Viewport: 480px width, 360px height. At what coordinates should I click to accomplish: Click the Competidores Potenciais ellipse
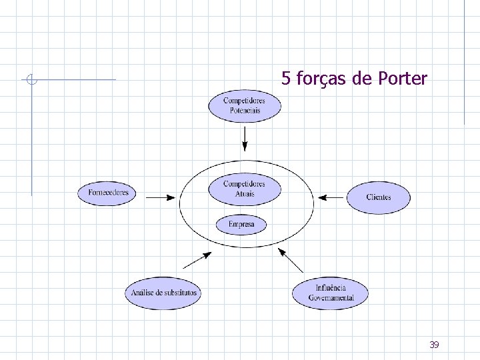tap(245, 106)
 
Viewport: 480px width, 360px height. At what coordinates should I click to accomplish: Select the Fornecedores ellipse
tap(108, 193)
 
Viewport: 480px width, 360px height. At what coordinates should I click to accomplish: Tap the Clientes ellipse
tap(378, 197)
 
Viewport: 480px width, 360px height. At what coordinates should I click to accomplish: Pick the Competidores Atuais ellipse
tap(244, 189)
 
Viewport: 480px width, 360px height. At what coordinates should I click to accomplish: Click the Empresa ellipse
tap(241, 225)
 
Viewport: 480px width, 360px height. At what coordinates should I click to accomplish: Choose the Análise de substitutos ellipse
tap(163, 293)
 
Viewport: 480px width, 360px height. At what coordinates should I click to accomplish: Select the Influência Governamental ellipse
tap(330, 293)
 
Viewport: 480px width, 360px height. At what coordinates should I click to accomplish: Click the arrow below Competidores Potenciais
tap(245, 139)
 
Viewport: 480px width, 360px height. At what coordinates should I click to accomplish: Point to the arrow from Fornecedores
tap(161, 197)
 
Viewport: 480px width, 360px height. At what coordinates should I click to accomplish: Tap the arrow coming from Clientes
tap(331, 197)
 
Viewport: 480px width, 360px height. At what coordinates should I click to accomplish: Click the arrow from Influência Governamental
tap(291, 260)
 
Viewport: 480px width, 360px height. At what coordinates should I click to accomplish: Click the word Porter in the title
tap(402, 79)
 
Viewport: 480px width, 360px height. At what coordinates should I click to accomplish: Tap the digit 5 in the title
tap(285, 79)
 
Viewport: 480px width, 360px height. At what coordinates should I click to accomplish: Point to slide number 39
tap(434, 345)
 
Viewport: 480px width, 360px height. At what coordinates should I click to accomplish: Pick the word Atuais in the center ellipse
tap(245, 194)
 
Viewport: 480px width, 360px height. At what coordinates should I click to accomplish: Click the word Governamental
tap(331, 298)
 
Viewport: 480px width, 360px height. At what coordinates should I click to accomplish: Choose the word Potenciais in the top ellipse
tap(245, 110)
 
